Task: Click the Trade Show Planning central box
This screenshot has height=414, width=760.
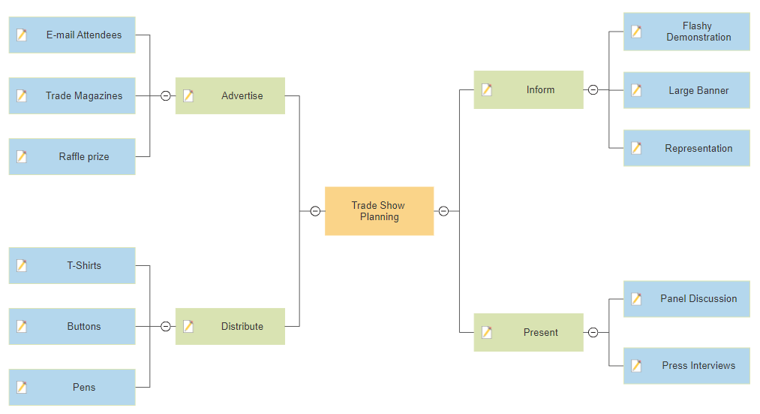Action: (379, 211)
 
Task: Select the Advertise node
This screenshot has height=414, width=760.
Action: (230, 95)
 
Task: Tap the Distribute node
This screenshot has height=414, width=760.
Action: (230, 326)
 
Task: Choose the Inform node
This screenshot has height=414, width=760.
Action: (528, 90)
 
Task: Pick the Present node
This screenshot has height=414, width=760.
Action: (528, 332)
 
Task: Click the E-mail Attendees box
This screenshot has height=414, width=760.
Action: (72, 35)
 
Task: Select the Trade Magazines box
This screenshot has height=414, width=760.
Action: (72, 95)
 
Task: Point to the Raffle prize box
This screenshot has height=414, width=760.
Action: (72, 157)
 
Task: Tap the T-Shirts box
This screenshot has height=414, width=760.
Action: (72, 265)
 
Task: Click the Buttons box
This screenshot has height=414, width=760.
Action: (72, 326)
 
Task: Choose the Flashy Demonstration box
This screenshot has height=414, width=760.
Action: (686, 32)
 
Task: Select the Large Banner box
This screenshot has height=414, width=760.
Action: (686, 90)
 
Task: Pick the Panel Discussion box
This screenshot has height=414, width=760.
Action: (686, 299)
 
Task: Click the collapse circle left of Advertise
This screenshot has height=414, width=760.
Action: (166, 95)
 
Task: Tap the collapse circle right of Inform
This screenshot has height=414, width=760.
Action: (593, 90)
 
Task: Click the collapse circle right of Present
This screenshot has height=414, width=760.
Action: (593, 332)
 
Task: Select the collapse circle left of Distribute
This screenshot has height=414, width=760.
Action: (166, 326)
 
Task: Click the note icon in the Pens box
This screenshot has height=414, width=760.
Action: (22, 387)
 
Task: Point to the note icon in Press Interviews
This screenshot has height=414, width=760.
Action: (636, 365)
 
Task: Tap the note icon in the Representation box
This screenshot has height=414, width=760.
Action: (636, 148)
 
